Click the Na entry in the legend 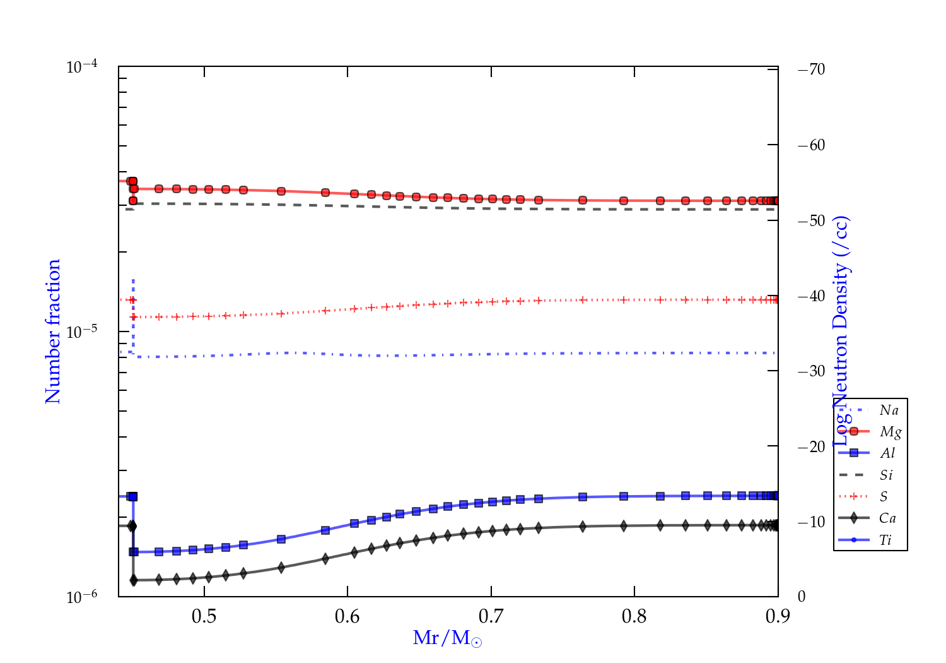889,410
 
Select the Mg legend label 891,432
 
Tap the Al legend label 888,453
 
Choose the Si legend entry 886,475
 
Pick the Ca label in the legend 887,518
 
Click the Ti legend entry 885,540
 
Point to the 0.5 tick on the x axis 204,616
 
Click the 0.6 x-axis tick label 347,616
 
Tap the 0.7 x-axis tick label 491,616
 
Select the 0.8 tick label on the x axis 634,616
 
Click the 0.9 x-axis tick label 778,616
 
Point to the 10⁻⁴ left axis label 82,66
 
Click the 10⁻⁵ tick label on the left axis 82,331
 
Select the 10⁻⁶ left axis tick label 82,597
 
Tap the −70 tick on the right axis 812,69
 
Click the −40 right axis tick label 812,296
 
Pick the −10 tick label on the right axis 812,522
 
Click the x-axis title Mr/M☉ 448,638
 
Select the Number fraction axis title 54,331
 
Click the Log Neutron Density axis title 841,331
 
